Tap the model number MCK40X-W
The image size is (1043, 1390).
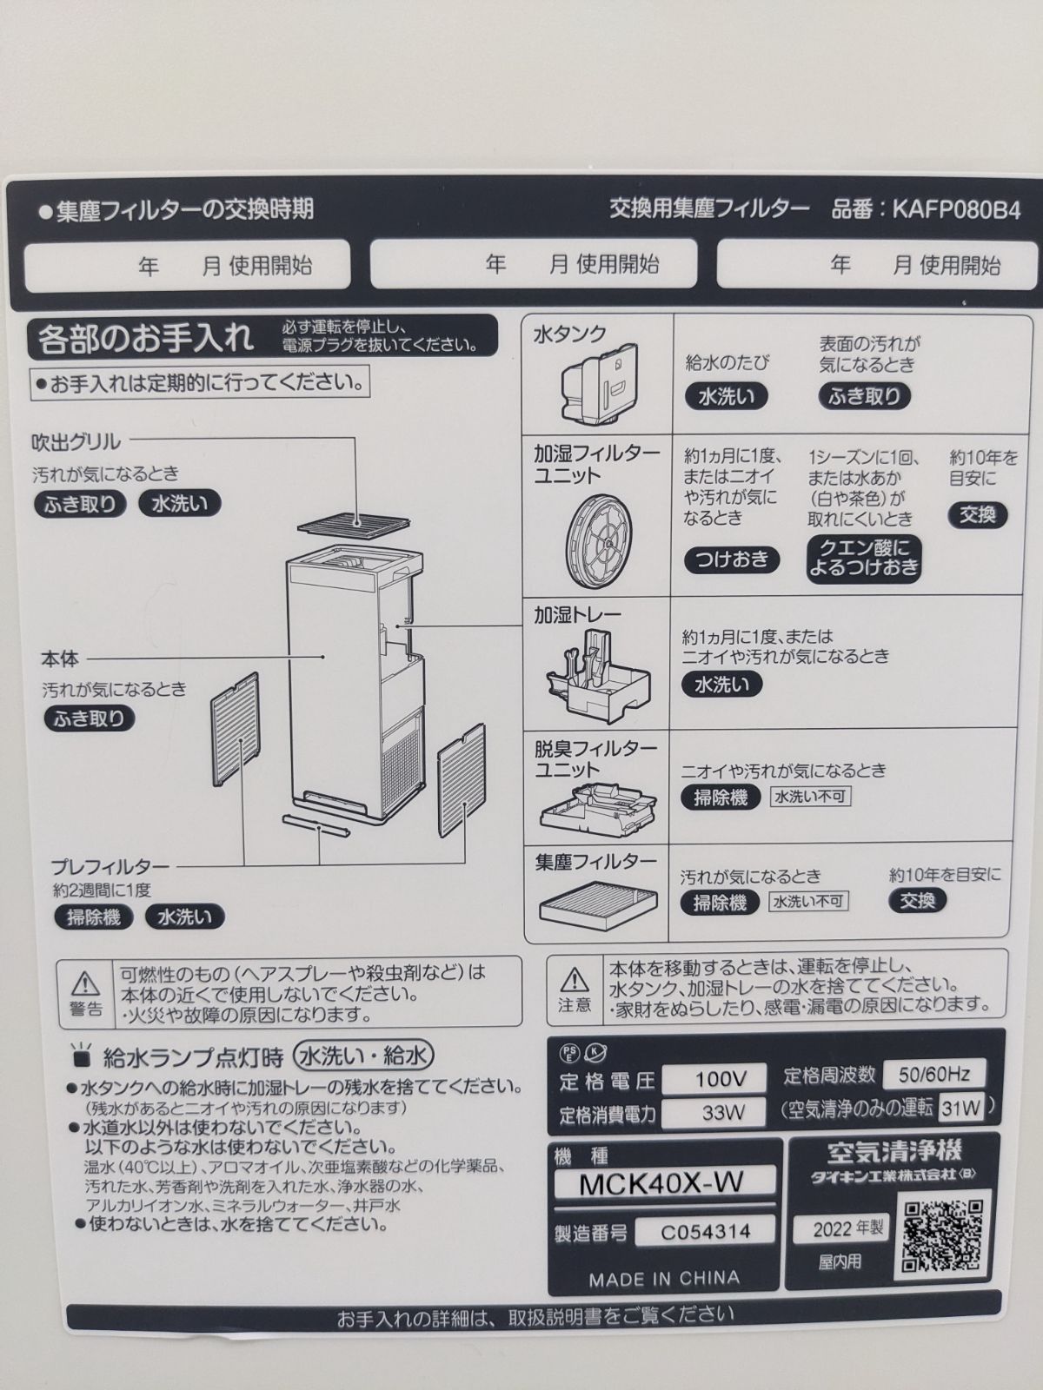click(662, 1182)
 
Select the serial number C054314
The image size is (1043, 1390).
click(705, 1231)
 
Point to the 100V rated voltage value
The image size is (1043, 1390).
click(721, 1080)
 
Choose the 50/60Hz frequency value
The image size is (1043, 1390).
click(933, 1074)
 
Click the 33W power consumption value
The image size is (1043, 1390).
click(721, 1112)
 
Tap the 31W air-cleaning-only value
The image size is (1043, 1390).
click(960, 1108)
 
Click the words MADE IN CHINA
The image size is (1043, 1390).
click(663, 1279)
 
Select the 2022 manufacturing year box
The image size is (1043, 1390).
click(840, 1228)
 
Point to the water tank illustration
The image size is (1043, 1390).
click(601, 383)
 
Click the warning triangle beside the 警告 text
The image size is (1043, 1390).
click(85, 983)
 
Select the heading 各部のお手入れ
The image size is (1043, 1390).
click(145, 338)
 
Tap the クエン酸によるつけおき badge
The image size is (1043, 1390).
click(863, 558)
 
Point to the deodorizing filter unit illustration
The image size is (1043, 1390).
click(597, 804)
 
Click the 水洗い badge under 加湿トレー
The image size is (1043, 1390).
click(721, 684)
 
